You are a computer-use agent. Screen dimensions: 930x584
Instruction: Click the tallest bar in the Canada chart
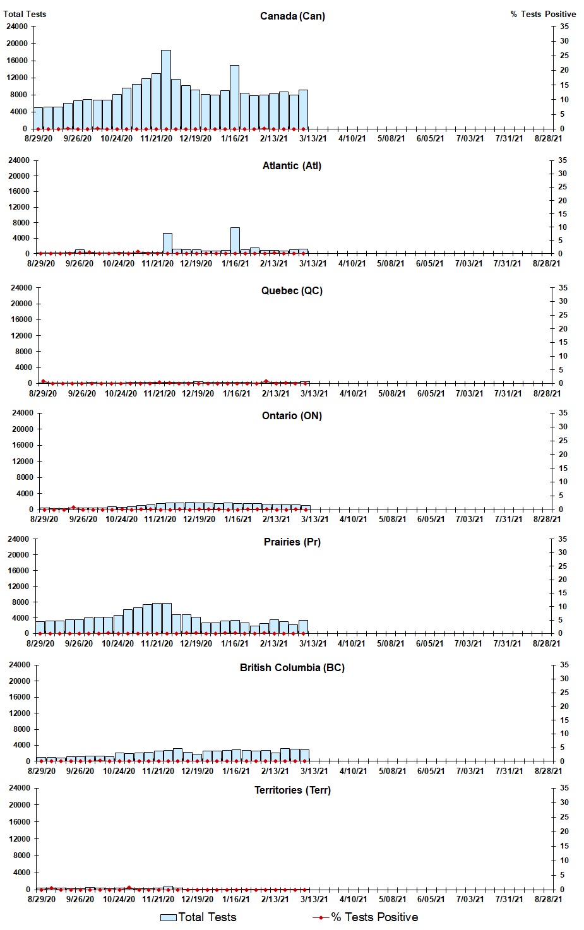coord(166,90)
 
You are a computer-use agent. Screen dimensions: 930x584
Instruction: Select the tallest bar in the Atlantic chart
coord(235,241)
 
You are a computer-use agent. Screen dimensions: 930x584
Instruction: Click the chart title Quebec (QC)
coord(292,291)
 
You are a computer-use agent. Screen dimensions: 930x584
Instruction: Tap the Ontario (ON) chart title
coord(292,416)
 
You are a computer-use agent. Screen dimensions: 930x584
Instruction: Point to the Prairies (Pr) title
coord(292,542)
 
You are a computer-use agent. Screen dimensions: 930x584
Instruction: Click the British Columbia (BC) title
coord(292,668)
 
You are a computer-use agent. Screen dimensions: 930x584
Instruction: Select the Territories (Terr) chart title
coord(292,790)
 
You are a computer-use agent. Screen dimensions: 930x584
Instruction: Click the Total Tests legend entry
coord(198,917)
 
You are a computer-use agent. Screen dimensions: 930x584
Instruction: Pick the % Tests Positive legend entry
coord(366,917)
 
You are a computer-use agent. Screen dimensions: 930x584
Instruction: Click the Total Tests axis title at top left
coord(25,14)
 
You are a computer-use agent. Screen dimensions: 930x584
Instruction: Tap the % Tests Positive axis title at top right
coord(543,14)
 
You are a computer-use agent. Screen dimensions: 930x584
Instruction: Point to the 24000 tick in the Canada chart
coord(16,27)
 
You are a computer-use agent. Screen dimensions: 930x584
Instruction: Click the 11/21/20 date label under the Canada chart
coord(156,139)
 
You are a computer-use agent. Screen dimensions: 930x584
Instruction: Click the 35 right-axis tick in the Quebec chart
coord(563,288)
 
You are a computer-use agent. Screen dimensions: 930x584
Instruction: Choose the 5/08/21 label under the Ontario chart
coord(392,520)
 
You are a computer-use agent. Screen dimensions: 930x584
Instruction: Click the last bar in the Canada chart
coord(303,109)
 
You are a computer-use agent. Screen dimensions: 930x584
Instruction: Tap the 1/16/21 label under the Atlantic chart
coord(235,264)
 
